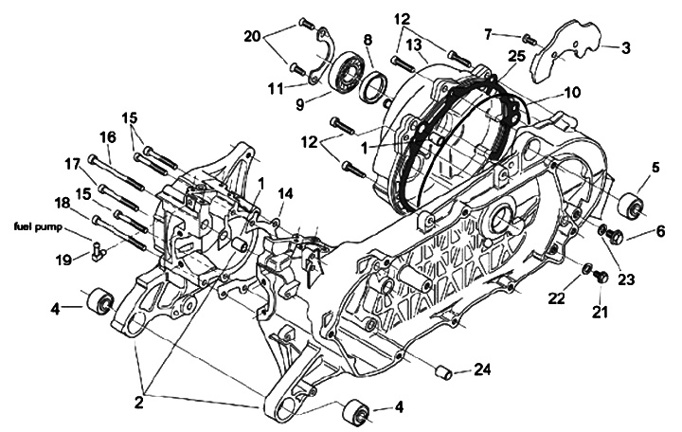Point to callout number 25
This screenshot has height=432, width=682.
coord(514,58)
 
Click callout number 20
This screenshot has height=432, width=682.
coord(252,36)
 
